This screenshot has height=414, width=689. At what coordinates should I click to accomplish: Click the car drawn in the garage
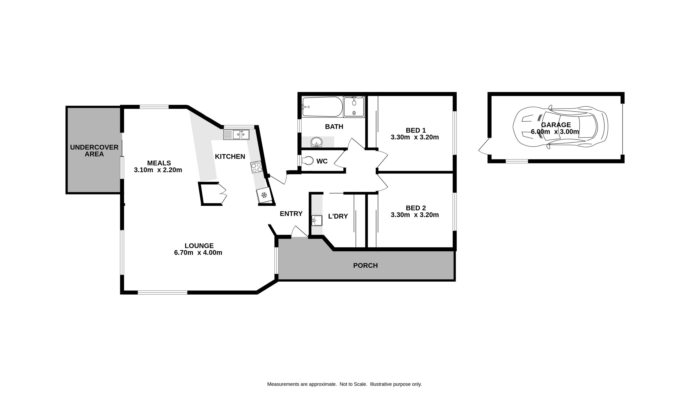pos(560,127)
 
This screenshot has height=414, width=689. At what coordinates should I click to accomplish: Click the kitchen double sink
pos(236,135)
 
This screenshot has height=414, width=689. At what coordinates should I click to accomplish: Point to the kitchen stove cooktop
pos(256,167)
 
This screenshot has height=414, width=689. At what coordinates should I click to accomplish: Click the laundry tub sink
pos(317,220)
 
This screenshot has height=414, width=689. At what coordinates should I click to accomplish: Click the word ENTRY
pos(291,214)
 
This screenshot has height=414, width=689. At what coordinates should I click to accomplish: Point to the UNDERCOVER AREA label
pos(94,151)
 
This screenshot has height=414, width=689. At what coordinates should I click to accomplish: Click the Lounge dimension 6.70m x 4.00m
pos(198,253)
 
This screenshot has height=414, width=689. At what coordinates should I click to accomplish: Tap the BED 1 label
pos(416,130)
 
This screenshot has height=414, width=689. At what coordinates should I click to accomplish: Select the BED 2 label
pos(416,208)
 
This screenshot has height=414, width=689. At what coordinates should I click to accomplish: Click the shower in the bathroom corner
pos(354,107)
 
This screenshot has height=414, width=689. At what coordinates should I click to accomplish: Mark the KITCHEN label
pos(230,157)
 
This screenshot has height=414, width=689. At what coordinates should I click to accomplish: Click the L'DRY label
pos(338,216)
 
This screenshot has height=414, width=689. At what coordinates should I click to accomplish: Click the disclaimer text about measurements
pos(344,384)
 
